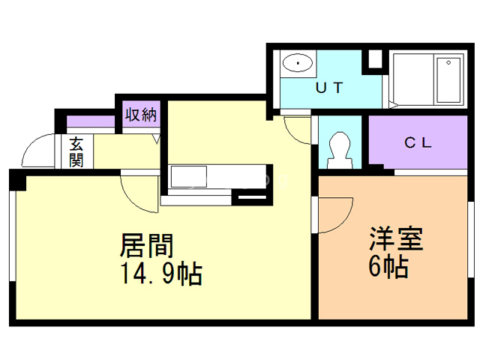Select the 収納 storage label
pyautogui.click(x=140, y=115)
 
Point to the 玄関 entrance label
pyautogui.click(x=77, y=151)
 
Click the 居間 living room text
pyautogui.click(x=148, y=247)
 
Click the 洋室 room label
pyautogui.click(x=395, y=240)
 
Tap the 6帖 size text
pyautogui.click(x=388, y=266)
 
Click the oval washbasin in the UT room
pyautogui.click(x=299, y=64)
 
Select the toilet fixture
pyautogui.click(x=340, y=148)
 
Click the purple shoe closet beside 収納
pyautogui.click(x=88, y=122)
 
